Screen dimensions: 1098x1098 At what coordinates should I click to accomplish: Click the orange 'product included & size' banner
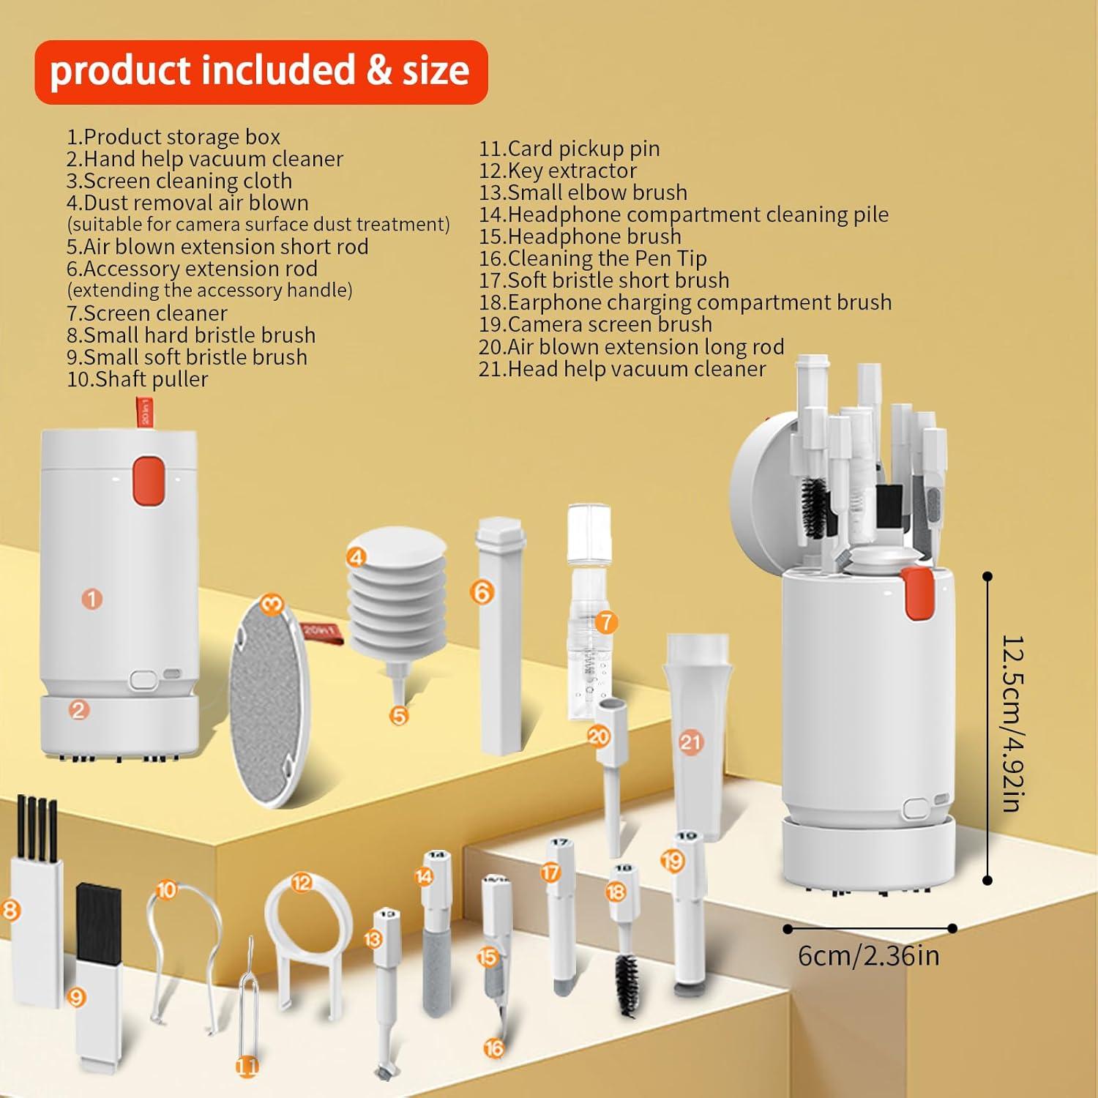coord(261,72)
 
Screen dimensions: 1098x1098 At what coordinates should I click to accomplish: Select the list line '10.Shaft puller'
coord(138,379)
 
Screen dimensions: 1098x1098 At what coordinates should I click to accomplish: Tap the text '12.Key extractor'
coord(558,171)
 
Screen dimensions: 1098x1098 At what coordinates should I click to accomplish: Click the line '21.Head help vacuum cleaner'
coord(622,369)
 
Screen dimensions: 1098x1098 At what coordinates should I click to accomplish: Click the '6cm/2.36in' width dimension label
coord(868,956)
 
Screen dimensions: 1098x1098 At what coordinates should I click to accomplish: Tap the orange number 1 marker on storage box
coord(91,600)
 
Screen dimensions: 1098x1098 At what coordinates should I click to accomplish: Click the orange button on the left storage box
coord(148,479)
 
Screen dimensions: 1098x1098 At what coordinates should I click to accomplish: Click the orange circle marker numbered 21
coord(690,742)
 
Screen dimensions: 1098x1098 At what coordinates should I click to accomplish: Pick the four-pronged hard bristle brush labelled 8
coord(37,900)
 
